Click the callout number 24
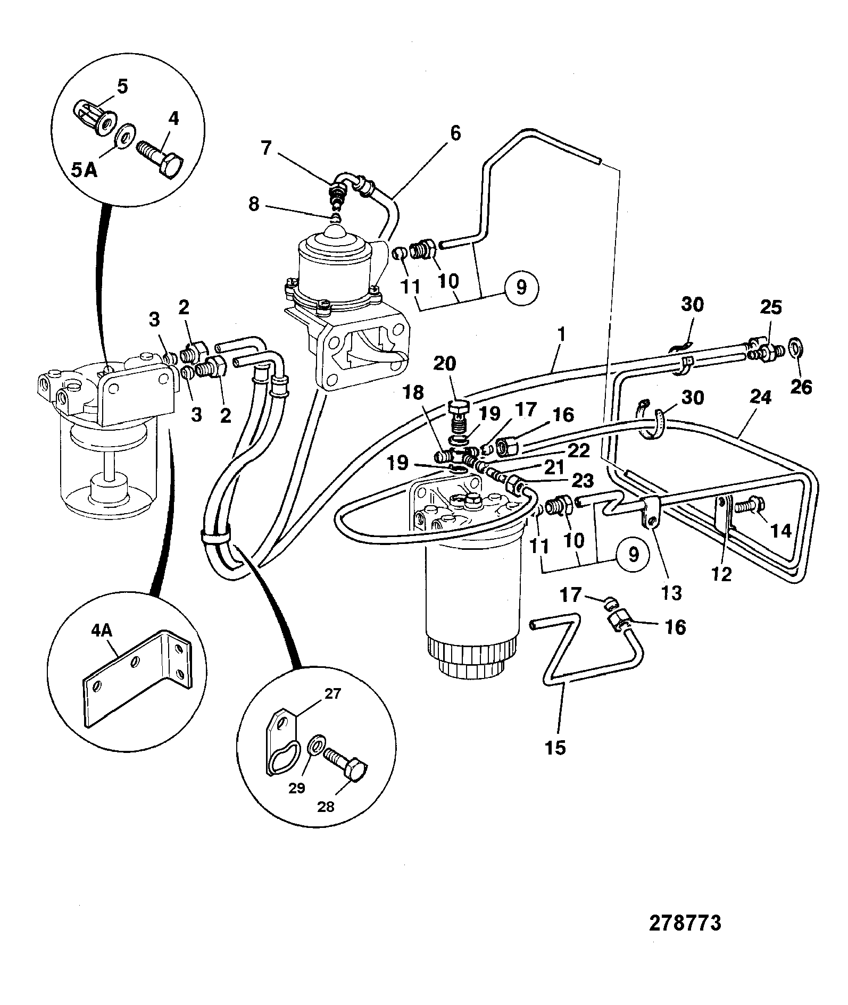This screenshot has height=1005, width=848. [761, 397]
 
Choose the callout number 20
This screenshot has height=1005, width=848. [445, 364]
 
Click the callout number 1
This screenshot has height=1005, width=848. [562, 335]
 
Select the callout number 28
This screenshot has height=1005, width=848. [326, 822]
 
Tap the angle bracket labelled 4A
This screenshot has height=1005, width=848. [136, 680]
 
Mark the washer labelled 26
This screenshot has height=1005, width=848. [794, 347]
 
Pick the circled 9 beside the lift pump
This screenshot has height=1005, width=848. [521, 288]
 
